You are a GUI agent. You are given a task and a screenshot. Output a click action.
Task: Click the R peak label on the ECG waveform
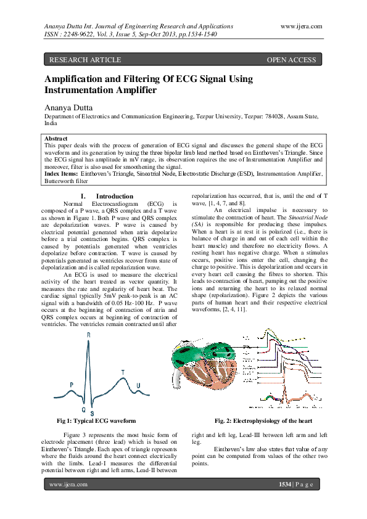[x=89, y=335]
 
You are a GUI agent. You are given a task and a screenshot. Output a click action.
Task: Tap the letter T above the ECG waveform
[x=123, y=372]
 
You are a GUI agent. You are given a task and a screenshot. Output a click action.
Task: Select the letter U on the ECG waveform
[x=138, y=386]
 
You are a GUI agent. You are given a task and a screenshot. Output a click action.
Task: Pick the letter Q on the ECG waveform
[x=83, y=409]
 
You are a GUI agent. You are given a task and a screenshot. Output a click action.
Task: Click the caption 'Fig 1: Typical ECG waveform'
[x=96, y=420]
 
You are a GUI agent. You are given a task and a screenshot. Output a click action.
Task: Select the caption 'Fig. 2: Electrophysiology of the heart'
[x=263, y=420]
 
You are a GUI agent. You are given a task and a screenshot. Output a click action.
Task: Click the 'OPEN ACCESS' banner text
[x=291, y=60]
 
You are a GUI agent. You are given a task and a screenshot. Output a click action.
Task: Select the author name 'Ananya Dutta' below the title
[x=67, y=107]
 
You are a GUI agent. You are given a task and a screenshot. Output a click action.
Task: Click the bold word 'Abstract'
[x=57, y=139]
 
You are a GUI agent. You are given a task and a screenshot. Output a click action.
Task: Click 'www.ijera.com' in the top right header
[x=301, y=26]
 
